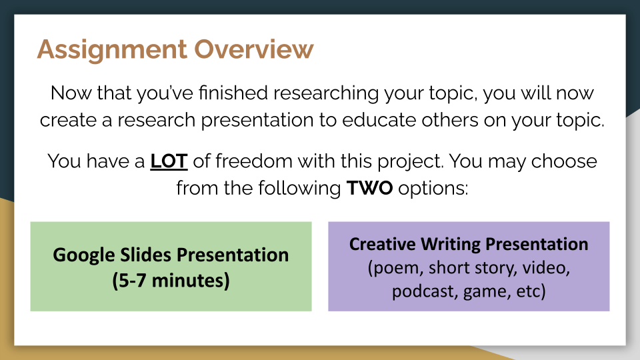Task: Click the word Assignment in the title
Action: pos(112,50)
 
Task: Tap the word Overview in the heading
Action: pos(254,49)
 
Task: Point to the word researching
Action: pos(326,93)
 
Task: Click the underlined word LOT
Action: pos(169,161)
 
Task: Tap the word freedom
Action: pos(253,161)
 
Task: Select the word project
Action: pos(410,162)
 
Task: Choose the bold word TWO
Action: pos(370,189)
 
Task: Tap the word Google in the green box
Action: pos(84,255)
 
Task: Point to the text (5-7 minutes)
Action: pos(171,281)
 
